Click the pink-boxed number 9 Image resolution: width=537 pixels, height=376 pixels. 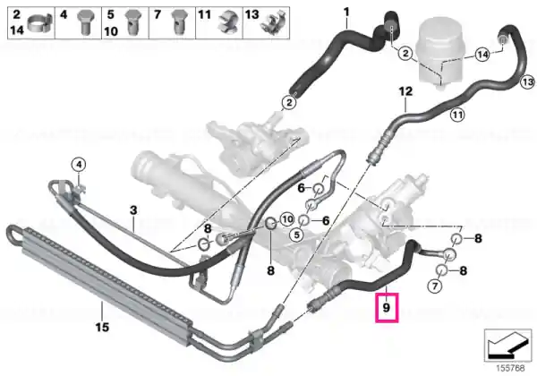tap(387, 307)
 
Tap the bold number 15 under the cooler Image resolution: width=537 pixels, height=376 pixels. tap(102, 328)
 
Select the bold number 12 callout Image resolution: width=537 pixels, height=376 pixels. tap(405, 92)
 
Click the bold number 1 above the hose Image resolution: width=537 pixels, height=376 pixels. tap(346, 13)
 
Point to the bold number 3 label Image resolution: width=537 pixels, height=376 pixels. tap(133, 210)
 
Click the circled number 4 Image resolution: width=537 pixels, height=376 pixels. tap(79, 165)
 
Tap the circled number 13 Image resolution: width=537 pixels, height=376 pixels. tap(528, 81)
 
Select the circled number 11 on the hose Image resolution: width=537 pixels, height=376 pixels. tap(457, 115)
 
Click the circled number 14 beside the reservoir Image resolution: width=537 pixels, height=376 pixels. tap(482, 55)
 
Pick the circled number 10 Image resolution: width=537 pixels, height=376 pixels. tap(287, 219)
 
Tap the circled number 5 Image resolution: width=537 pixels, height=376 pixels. tap(296, 235)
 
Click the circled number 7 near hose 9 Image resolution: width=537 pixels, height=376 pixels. tap(435, 286)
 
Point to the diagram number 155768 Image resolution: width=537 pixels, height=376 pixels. tap(510, 369)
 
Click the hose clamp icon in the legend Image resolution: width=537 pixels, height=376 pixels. tap(39, 23)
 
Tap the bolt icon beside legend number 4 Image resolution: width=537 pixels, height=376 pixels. tap(84, 22)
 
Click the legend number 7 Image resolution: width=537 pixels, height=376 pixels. tap(158, 14)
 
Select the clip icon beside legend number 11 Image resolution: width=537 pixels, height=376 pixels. tap(228, 23)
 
